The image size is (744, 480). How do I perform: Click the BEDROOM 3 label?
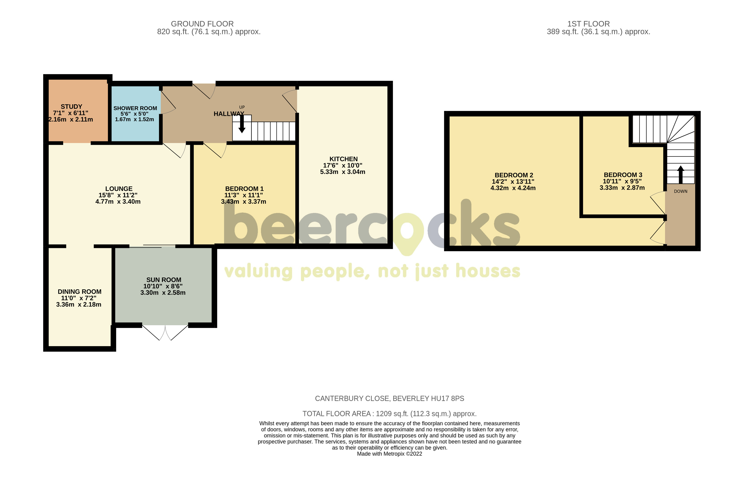pyautogui.click(x=623, y=175)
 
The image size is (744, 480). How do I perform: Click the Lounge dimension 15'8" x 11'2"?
pyautogui.click(x=118, y=195)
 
